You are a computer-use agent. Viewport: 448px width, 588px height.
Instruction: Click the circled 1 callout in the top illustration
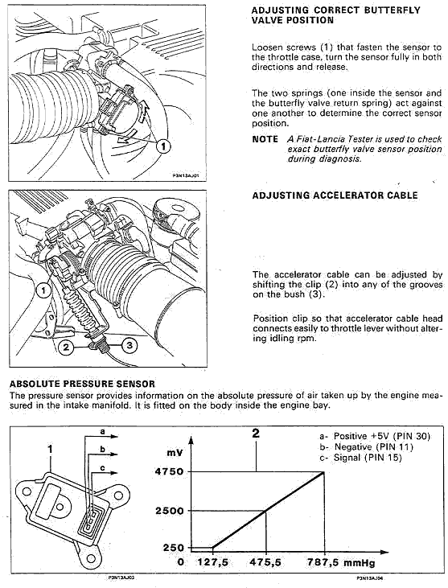coord(163,146)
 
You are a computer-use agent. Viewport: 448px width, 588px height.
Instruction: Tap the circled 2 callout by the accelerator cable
coord(66,347)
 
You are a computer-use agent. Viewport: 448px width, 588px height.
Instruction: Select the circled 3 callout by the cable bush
coord(129,345)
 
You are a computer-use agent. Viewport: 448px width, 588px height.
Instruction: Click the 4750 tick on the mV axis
coord(170,471)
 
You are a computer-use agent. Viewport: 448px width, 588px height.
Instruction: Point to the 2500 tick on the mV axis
coord(170,511)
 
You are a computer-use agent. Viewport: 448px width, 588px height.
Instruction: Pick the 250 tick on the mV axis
coord(174,548)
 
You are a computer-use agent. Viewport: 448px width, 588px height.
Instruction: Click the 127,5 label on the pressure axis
coord(212,562)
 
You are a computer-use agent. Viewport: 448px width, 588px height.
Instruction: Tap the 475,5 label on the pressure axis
coord(265,562)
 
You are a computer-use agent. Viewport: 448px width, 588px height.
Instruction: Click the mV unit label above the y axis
coord(175,453)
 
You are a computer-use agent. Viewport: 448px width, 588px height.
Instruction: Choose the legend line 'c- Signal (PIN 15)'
coord(360,458)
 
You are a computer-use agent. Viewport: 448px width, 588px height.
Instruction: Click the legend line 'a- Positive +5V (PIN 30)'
coord(375,436)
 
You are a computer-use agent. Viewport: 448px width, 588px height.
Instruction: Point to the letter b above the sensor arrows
coord(102,450)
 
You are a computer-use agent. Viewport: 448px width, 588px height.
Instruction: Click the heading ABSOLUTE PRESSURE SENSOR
coord(82,384)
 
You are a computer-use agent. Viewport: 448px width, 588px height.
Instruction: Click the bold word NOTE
coord(265,139)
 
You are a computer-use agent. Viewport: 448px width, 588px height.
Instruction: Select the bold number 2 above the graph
coord(256,434)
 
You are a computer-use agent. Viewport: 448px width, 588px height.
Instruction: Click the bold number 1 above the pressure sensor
coord(51,450)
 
